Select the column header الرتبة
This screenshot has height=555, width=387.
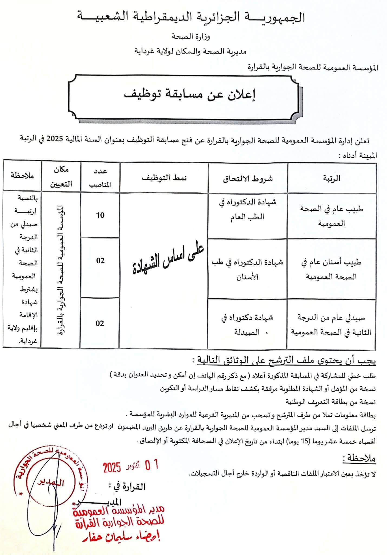point(332,178)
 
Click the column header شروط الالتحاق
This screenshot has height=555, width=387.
point(248,179)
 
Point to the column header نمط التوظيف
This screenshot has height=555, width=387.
point(164,178)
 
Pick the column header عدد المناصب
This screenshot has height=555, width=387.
point(100,178)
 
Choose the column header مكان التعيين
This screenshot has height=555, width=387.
point(61,177)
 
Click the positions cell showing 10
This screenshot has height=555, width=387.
point(100,215)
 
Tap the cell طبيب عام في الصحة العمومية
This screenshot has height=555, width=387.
point(332,216)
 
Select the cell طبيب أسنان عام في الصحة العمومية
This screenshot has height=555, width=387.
point(332,269)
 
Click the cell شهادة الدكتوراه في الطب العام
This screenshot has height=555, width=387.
point(248,209)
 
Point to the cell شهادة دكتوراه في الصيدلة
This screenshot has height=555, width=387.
point(247,325)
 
